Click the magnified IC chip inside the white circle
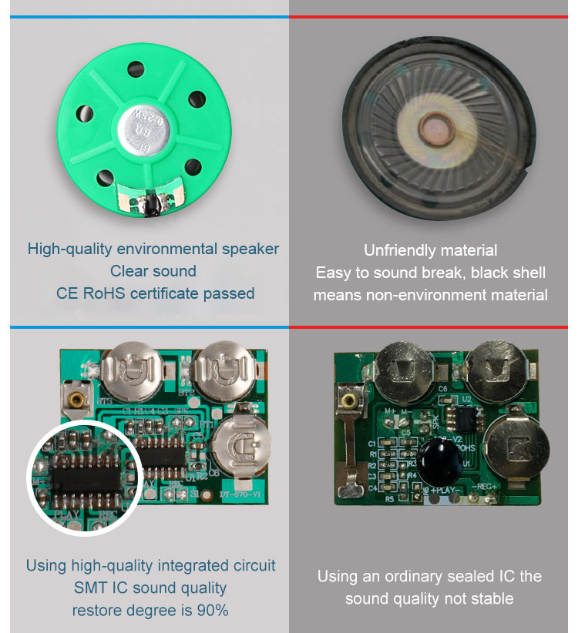click(79, 477)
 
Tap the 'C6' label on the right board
click(442, 390)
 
